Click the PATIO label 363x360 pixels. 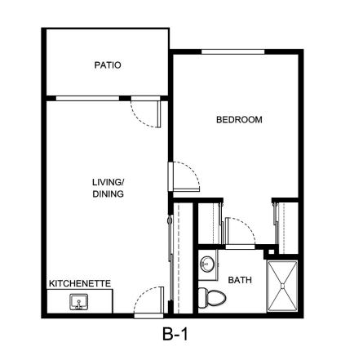click(x=108, y=65)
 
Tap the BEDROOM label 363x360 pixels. click(x=239, y=120)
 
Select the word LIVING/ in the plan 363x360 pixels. click(x=108, y=182)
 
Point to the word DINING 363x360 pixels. click(x=108, y=193)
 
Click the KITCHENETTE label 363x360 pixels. click(x=80, y=283)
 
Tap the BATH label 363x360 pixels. click(x=240, y=280)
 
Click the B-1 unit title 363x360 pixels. click(x=175, y=334)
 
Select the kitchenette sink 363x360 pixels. click(x=79, y=302)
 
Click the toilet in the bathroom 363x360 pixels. click(x=212, y=298)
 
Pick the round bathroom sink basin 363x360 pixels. click(x=207, y=264)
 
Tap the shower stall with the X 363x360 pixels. click(x=282, y=286)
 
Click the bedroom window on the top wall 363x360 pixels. click(x=233, y=51)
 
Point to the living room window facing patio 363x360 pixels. click(x=87, y=98)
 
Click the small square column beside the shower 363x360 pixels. click(x=271, y=251)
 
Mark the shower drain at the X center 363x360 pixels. click(x=282, y=286)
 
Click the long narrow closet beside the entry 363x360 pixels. click(x=183, y=258)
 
